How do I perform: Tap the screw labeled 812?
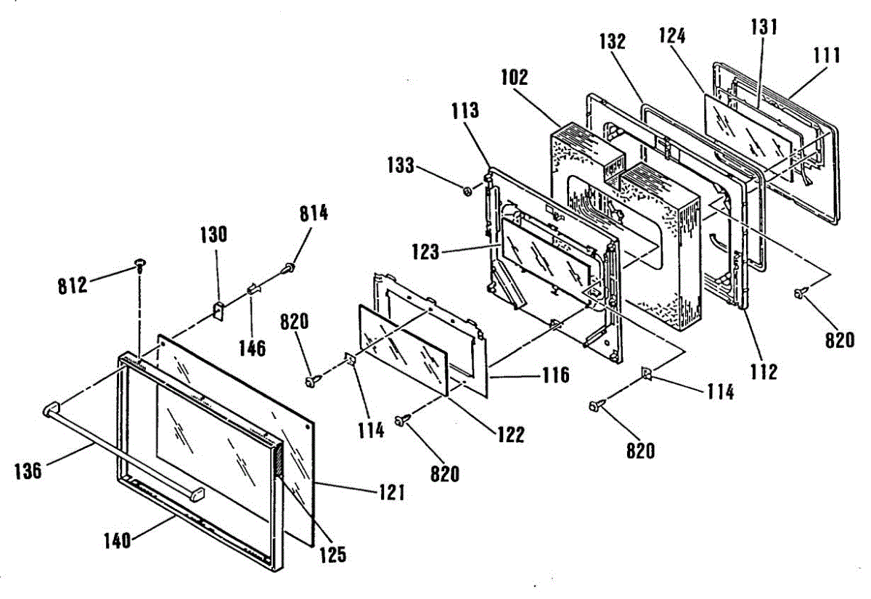point(138,262)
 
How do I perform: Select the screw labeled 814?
point(290,269)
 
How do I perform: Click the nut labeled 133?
point(467,191)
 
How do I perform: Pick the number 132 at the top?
point(612,41)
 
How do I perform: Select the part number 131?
point(764,28)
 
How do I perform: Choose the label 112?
point(764,372)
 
